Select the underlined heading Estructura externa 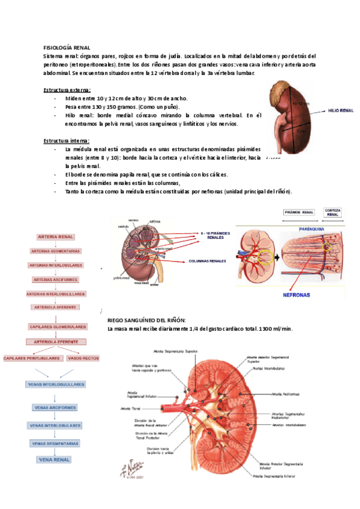(67, 89)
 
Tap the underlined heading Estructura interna (67, 140)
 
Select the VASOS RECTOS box (83, 358)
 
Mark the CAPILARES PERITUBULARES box (32, 358)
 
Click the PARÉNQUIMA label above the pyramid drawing (307, 229)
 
